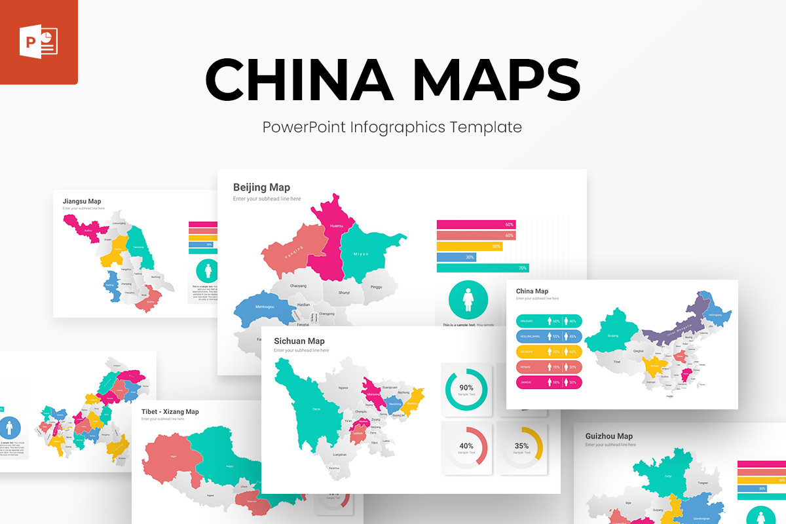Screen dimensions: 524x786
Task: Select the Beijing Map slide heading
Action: pyautogui.click(x=261, y=187)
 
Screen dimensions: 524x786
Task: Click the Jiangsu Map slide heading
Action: pyautogui.click(x=82, y=201)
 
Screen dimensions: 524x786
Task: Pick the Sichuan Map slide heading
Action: pyautogui.click(x=299, y=341)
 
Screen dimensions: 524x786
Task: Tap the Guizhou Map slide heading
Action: pyautogui.click(x=608, y=436)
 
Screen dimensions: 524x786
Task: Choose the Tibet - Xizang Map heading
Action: pyautogui.click(x=170, y=411)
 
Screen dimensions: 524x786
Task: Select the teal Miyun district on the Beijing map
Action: pyautogui.click(x=364, y=252)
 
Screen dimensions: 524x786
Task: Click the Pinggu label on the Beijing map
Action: pyautogui.click(x=376, y=287)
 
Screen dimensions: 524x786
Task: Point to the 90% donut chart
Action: pyautogui.click(x=466, y=389)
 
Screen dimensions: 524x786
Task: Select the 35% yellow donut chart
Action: pyautogui.click(x=521, y=447)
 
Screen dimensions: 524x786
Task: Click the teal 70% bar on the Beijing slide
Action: pyautogui.click(x=482, y=268)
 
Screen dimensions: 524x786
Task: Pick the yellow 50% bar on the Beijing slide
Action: pyautogui.click(x=469, y=246)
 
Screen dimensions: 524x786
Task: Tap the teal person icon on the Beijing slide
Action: pyautogui.click(x=468, y=300)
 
